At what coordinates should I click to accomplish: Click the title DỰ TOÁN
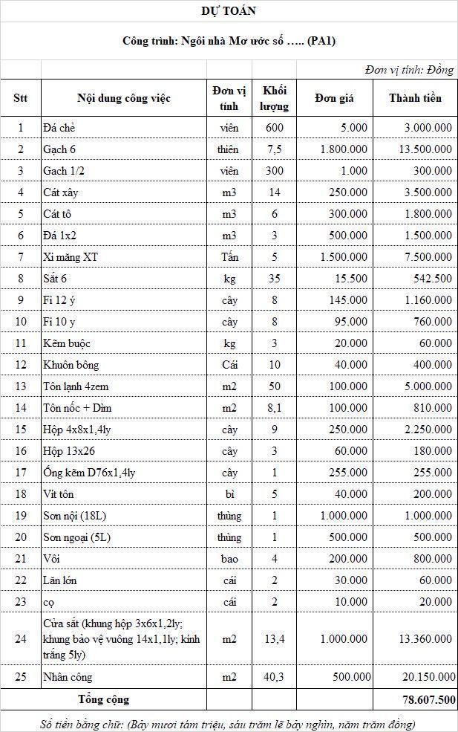(x=229, y=11)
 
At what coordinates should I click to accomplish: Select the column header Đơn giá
(x=335, y=98)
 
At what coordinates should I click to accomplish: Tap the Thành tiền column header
(x=415, y=98)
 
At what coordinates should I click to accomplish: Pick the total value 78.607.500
(x=424, y=700)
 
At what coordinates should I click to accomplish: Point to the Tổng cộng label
(x=103, y=700)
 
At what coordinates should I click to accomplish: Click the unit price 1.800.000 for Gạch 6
(x=344, y=149)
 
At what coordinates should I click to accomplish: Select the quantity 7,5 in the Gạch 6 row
(x=275, y=149)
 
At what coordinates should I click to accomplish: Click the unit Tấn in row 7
(x=229, y=257)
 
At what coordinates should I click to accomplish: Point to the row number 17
(x=21, y=473)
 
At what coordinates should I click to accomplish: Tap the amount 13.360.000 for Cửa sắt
(x=424, y=638)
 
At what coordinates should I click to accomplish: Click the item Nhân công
(x=68, y=677)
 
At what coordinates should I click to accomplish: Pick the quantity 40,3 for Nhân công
(x=275, y=677)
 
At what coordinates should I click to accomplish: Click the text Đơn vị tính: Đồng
(x=409, y=70)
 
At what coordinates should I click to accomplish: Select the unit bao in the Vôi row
(x=229, y=559)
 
